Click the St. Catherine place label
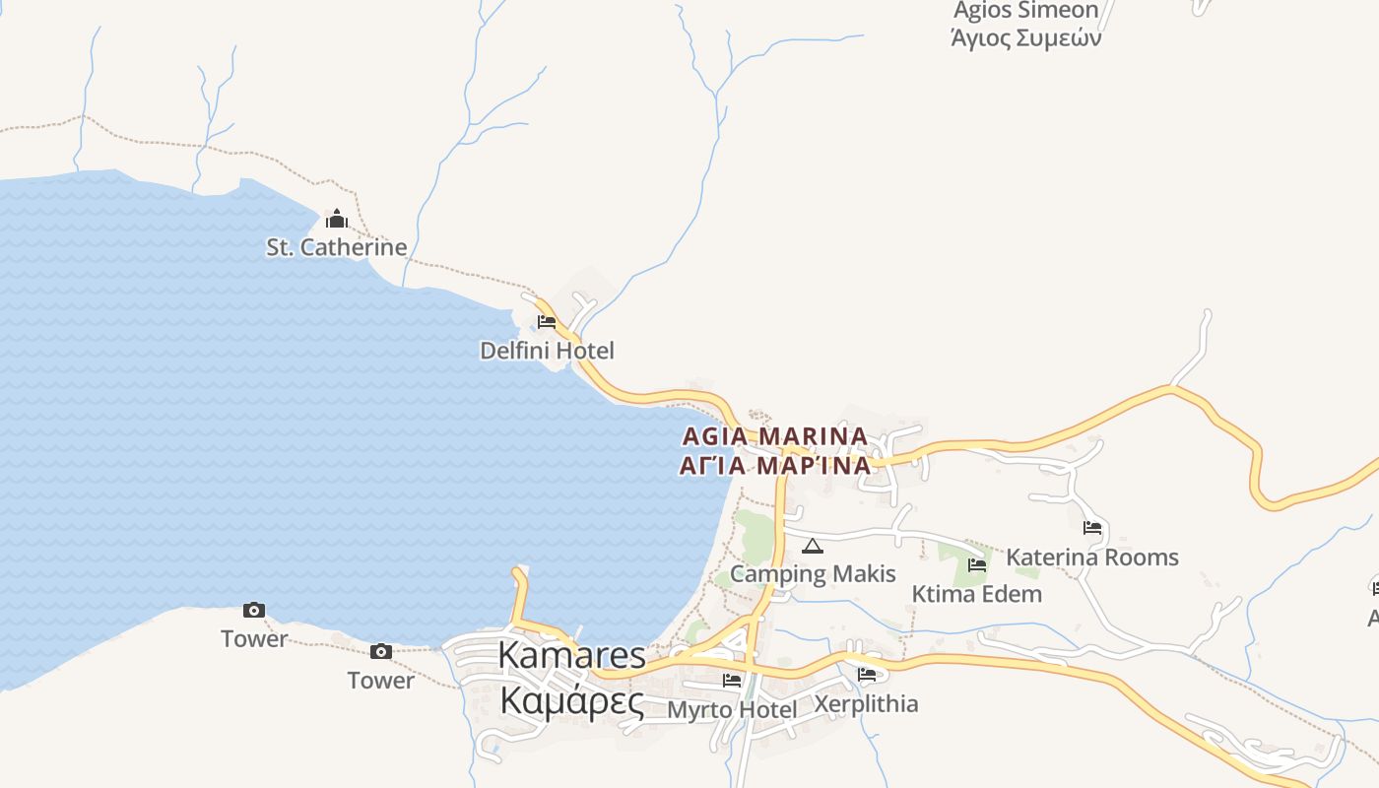pos(336,247)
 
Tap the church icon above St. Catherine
pos(337,219)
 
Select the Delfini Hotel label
pos(547,351)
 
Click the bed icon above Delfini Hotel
pos(547,322)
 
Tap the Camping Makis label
pos(813,574)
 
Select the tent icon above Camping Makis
pos(812,547)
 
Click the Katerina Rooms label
pos(1091,558)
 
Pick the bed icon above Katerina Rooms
pos(1091,528)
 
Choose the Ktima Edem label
pos(976,594)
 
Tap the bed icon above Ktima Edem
pos(977,565)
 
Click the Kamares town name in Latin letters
pos(571,655)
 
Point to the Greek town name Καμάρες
pos(571,701)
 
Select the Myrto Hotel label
pos(732,709)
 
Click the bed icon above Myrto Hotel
pos(732,680)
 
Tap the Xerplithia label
pos(866,704)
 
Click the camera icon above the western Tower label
pos(254,611)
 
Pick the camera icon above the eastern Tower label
pos(381,651)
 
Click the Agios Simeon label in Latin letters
pos(1025,11)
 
